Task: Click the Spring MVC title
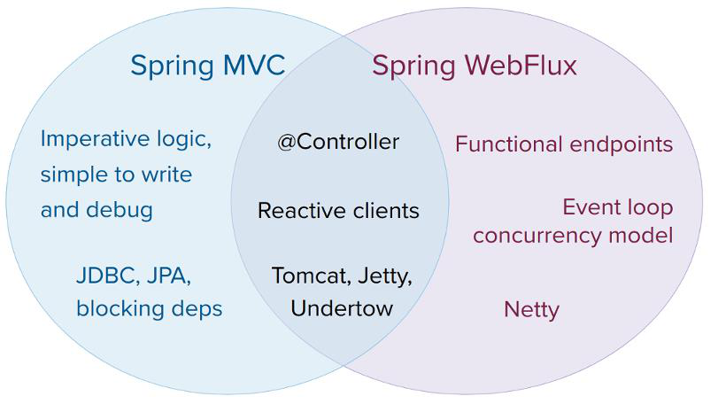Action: [x=207, y=66]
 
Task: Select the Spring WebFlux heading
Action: [x=474, y=66]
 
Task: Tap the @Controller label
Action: [x=338, y=142]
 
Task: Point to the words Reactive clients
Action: [x=338, y=211]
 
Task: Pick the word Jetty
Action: [x=384, y=275]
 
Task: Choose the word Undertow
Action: [x=342, y=308]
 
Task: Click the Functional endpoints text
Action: [x=564, y=144]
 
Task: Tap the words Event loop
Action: [x=618, y=207]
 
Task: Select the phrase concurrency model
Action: [x=573, y=236]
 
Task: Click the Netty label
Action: [x=531, y=309]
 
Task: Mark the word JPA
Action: [x=167, y=276]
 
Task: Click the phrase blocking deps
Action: [x=149, y=308]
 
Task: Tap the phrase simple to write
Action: [x=116, y=175]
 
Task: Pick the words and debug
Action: [x=97, y=210]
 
